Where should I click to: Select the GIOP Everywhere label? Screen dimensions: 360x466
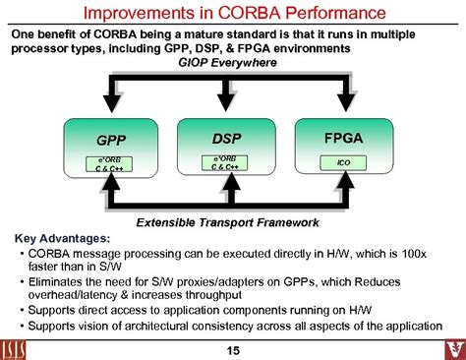tap(227, 62)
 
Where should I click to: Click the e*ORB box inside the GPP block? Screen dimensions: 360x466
tap(110, 163)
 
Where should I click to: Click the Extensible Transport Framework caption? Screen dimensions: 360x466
tap(228, 221)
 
